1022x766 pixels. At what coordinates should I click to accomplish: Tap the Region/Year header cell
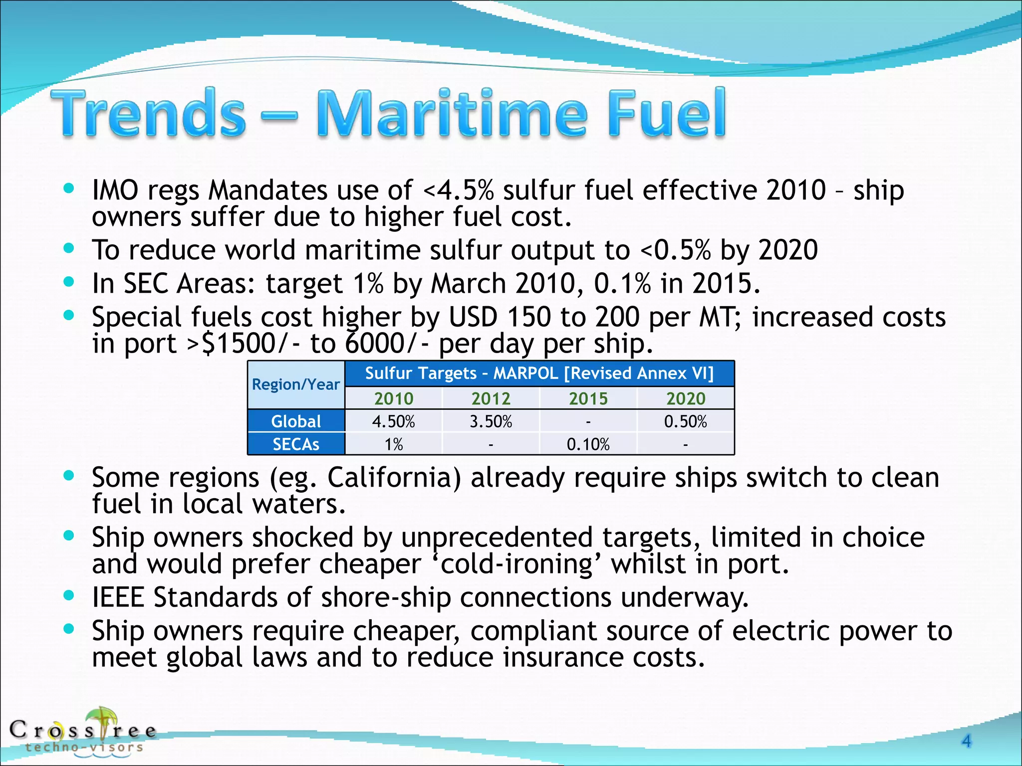(x=296, y=384)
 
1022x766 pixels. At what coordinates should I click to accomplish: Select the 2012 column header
(x=491, y=398)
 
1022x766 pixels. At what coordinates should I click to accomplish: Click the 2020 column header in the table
(x=686, y=398)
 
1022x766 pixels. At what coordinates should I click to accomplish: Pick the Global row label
(x=296, y=421)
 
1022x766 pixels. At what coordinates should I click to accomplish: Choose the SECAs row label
(x=296, y=444)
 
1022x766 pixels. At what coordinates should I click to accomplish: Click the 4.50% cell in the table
(x=393, y=421)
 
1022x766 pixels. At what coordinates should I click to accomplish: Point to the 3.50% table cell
(x=491, y=421)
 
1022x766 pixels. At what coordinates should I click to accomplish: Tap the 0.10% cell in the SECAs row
(x=588, y=444)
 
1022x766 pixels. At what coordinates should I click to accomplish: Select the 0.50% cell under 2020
(x=686, y=421)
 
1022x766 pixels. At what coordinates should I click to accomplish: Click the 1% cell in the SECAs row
(x=393, y=444)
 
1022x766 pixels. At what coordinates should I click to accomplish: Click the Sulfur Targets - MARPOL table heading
(x=539, y=373)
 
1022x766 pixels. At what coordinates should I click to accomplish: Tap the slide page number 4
(x=966, y=741)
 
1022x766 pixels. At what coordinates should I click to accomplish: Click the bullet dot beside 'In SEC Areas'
(x=69, y=282)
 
